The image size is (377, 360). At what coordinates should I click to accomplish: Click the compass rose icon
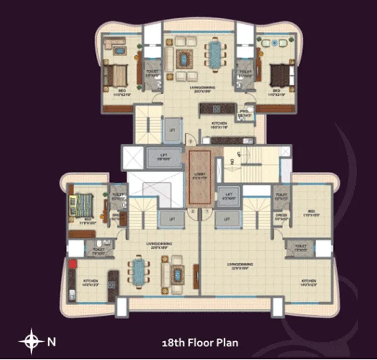coord(30,341)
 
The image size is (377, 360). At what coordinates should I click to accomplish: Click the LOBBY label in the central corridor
coord(199,174)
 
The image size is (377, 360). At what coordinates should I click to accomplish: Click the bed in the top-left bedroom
coord(115,75)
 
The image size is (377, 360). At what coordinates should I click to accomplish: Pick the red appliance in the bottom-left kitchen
coord(72,263)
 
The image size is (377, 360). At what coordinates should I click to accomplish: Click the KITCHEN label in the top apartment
coord(219,123)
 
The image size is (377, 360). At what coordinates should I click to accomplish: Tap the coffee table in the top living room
coord(186,59)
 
